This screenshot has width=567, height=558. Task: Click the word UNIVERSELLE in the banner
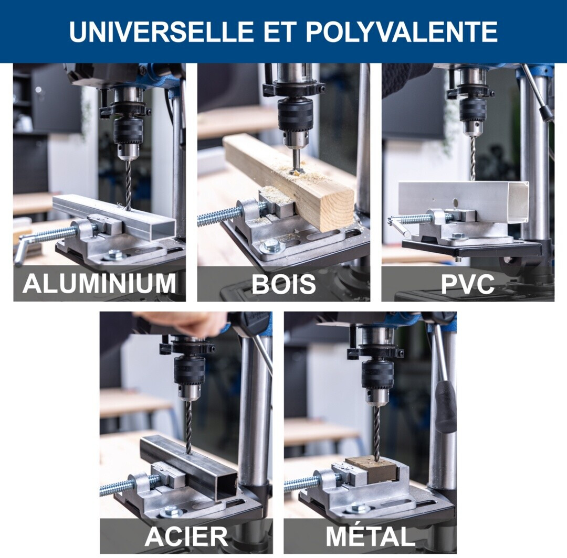point(162,31)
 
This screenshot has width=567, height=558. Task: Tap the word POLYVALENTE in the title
point(402,31)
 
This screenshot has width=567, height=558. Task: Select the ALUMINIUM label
point(99,284)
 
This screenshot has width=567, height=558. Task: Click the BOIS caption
point(283,284)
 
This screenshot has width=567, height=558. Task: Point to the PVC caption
point(468,284)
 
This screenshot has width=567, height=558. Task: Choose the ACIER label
point(186,536)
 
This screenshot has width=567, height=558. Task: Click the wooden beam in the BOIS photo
point(289,180)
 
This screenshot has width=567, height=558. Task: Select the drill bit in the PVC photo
point(472,158)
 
